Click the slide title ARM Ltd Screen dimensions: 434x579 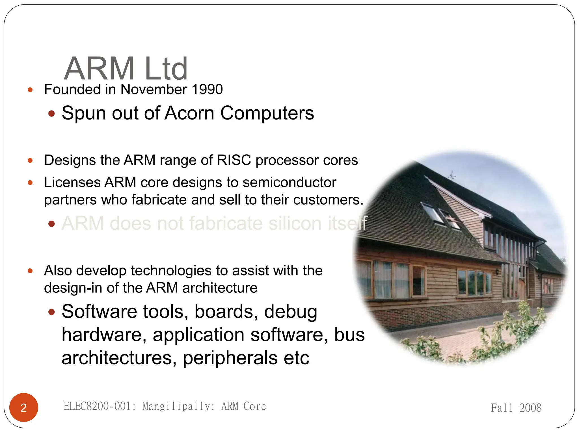(126, 69)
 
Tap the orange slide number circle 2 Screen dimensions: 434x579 (24, 407)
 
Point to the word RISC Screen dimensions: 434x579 (234, 160)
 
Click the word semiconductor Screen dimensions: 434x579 (289, 182)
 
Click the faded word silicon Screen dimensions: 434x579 (295, 223)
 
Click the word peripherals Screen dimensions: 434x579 (230, 358)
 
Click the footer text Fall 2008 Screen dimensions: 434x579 (516, 408)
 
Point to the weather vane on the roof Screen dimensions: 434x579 (452, 175)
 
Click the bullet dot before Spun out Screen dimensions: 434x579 (51, 114)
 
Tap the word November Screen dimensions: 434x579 (154, 90)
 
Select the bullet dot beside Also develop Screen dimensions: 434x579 (30, 271)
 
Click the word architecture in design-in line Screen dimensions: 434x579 (220, 288)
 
